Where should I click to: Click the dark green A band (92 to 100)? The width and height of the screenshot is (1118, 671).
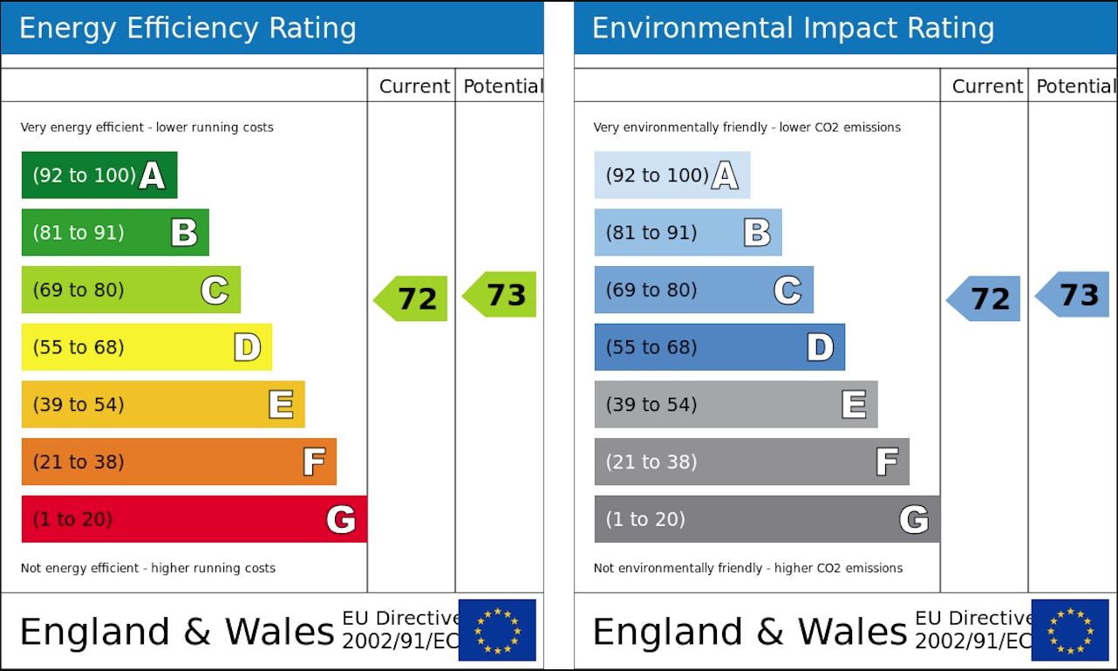coord(99,175)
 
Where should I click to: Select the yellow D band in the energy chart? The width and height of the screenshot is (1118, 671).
coord(147,347)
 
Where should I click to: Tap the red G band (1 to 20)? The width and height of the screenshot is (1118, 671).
coord(194,519)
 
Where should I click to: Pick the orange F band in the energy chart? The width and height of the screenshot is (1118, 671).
coord(179,462)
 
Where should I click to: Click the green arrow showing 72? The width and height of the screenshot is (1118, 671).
coord(412,298)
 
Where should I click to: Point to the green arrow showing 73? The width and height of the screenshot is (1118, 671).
coord(501,294)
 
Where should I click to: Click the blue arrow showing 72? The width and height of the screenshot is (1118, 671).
coord(985,298)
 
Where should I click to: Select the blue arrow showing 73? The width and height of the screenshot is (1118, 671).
coord(1074,294)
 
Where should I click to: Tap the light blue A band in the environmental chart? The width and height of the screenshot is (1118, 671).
coord(671,175)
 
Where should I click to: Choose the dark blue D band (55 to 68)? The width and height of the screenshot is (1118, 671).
coord(719,347)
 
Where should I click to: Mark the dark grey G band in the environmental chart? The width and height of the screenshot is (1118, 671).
coord(767,519)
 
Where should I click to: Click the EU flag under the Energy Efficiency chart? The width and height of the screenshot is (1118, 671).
coord(497,630)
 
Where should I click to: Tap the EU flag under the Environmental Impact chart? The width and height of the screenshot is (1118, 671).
coord(1070,630)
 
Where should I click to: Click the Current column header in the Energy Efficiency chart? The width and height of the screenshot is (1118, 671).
coord(414,86)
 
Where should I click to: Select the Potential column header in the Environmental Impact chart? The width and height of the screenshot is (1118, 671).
coord(1075,86)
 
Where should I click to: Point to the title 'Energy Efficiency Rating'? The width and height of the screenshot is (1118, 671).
coord(187,28)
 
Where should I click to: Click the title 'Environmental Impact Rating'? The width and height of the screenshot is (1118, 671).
coord(793,28)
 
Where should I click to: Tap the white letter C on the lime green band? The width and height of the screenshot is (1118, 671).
coord(215,290)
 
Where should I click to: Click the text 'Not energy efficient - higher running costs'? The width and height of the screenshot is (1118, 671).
coord(148,568)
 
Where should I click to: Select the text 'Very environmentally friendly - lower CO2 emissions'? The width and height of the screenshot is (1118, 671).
coord(746,127)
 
